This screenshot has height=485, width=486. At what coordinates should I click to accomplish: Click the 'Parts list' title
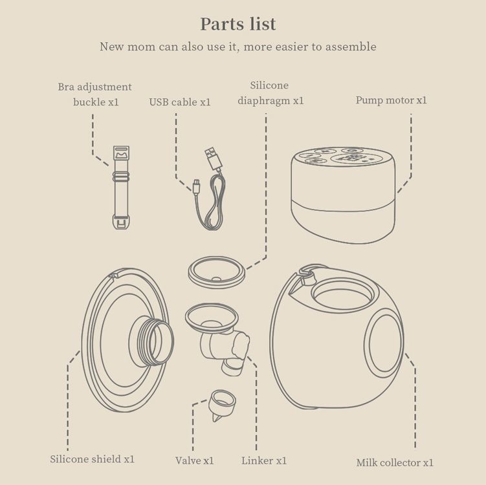click(238, 24)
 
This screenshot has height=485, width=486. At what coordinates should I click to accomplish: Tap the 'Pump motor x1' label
click(391, 100)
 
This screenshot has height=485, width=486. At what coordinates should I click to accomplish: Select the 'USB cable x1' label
click(180, 102)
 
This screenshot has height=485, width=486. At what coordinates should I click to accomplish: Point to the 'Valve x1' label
click(194, 460)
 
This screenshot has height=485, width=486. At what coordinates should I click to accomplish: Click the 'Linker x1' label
click(264, 460)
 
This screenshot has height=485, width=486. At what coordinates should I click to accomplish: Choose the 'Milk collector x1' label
click(395, 462)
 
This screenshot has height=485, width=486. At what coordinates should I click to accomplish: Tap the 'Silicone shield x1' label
click(92, 458)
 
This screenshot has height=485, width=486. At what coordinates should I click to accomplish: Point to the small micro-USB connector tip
click(197, 187)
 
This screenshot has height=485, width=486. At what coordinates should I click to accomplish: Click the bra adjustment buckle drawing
click(121, 188)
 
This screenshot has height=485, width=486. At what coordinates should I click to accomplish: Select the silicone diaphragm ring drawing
click(217, 272)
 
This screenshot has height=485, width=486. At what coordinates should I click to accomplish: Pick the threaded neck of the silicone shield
click(152, 341)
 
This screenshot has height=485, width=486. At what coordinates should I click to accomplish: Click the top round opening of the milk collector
click(343, 294)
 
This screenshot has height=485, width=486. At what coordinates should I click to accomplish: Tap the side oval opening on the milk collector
click(384, 343)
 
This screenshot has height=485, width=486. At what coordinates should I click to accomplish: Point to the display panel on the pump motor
click(351, 159)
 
